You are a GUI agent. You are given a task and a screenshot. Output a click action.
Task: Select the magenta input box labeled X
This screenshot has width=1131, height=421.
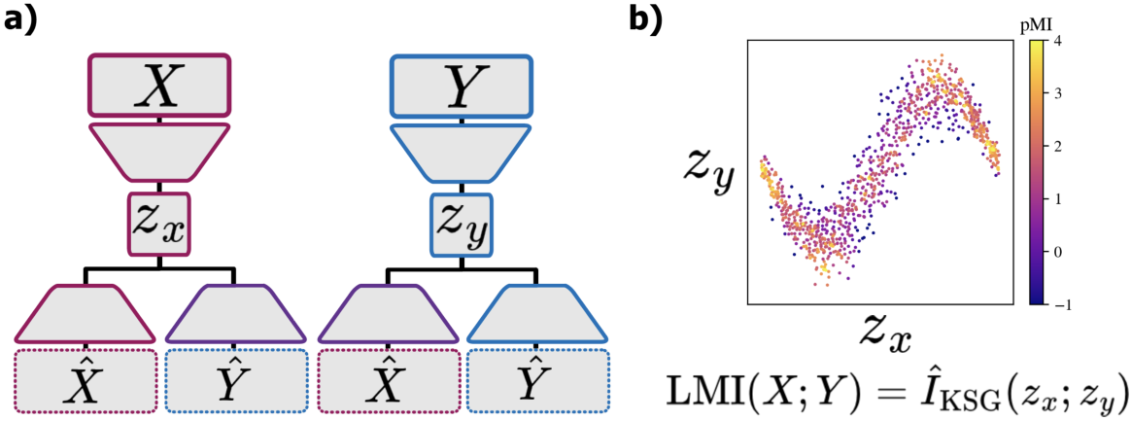[159, 87]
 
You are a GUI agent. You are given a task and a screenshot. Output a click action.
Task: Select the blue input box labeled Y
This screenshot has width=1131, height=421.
[461, 87]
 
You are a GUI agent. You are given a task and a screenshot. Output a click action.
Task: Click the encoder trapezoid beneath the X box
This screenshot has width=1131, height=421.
[159, 152]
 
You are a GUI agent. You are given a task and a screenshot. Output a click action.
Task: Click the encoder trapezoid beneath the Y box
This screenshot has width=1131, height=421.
[461, 152]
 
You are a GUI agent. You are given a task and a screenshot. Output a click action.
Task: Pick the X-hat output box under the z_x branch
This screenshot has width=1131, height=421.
[86, 381]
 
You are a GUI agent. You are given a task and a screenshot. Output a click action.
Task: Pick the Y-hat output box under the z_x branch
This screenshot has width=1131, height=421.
[236, 381]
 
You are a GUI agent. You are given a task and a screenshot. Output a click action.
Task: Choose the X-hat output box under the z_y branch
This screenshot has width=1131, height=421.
[388, 381]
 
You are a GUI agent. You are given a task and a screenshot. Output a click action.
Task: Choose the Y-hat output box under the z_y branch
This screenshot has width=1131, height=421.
[538, 381]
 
